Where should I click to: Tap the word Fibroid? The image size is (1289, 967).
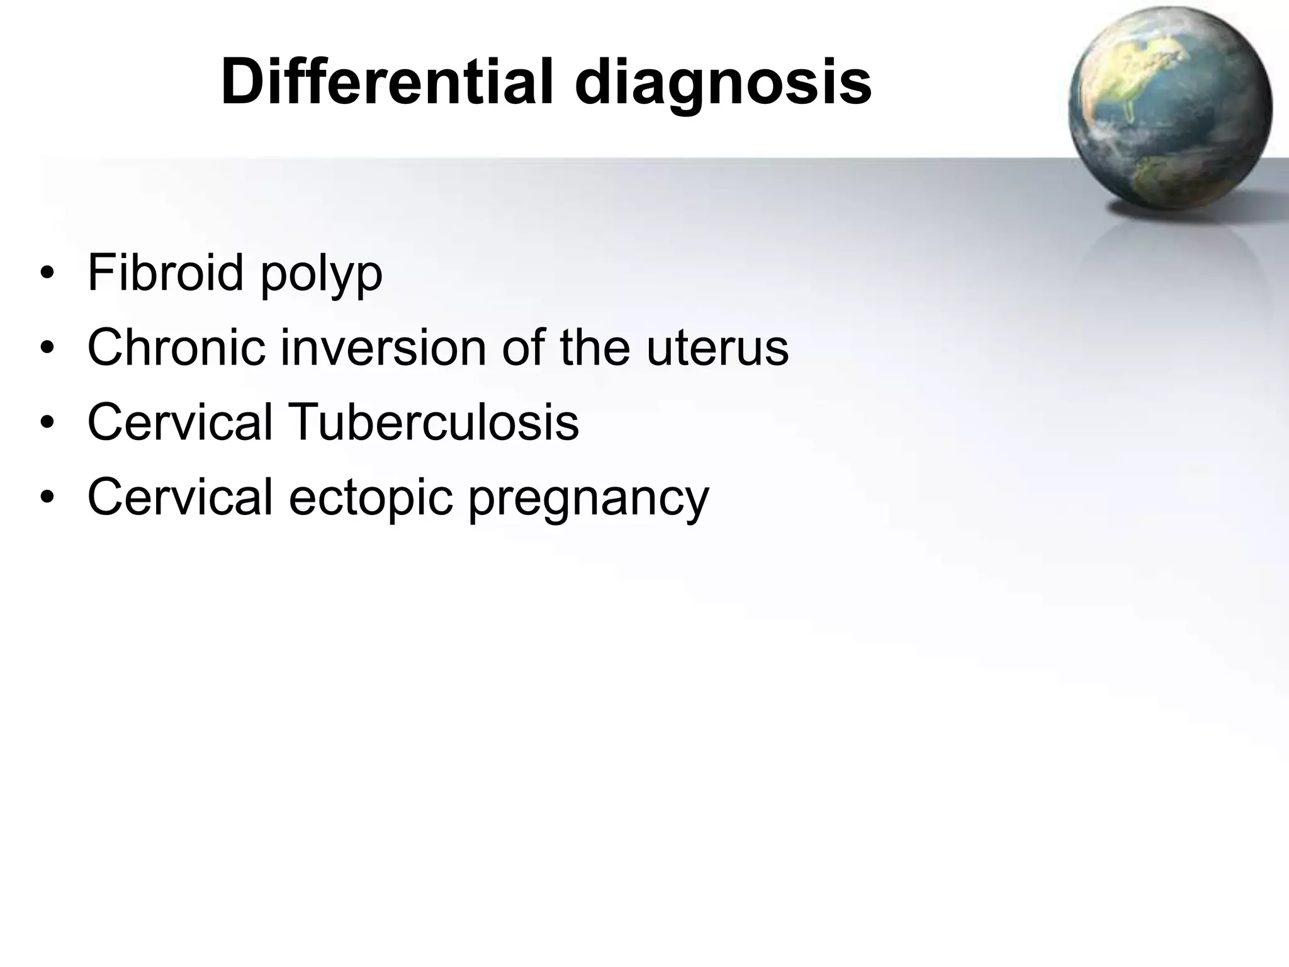[x=166, y=273]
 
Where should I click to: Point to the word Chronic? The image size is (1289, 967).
[x=176, y=348]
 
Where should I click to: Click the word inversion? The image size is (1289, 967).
[x=383, y=348]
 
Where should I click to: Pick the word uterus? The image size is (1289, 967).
[x=717, y=349]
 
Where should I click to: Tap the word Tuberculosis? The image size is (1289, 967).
[x=434, y=422]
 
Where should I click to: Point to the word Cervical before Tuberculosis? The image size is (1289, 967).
[x=180, y=422]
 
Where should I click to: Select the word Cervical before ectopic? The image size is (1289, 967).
[x=180, y=496]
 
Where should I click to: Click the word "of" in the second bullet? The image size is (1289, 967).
[x=522, y=348]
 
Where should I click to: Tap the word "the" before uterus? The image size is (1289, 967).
[x=595, y=348]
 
